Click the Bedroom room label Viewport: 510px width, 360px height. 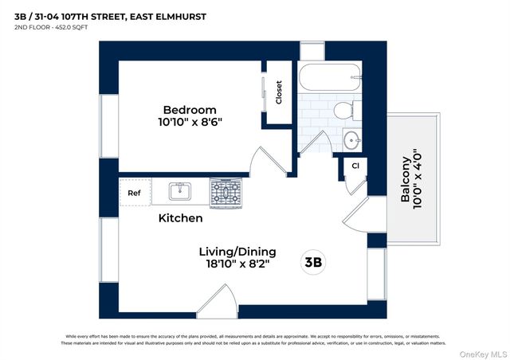coord(190,109)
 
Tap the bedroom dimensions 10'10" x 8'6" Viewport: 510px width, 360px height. coord(190,123)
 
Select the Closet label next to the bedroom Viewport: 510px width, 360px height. coord(279,93)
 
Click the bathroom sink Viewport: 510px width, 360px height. coord(351,140)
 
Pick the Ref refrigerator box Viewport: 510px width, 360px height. coord(134,192)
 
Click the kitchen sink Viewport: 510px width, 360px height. coord(180,191)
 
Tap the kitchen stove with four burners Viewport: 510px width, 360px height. coord(226,192)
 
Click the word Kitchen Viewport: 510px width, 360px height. coord(180,217)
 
